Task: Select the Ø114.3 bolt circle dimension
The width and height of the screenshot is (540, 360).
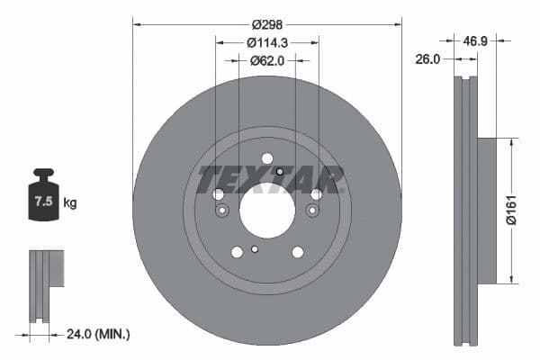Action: click(x=266, y=42)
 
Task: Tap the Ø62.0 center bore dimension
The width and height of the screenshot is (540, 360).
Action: click(x=266, y=60)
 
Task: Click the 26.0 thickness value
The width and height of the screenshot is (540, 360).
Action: click(x=427, y=59)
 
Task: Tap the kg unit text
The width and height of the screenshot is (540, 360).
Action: click(x=70, y=203)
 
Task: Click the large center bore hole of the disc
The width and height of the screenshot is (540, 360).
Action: click(x=266, y=211)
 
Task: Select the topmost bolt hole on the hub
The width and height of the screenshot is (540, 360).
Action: click(x=266, y=158)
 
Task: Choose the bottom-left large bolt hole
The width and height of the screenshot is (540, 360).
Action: click(x=237, y=253)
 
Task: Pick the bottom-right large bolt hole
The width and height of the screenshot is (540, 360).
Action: click(x=296, y=253)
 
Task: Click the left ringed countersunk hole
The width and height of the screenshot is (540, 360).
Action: click(x=222, y=210)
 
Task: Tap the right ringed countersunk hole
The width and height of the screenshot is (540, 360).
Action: click(x=311, y=210)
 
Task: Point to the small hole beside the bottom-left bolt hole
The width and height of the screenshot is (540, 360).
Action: click(x=255, y=249)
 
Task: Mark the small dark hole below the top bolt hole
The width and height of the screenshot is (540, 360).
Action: click(x=280, y=172)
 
